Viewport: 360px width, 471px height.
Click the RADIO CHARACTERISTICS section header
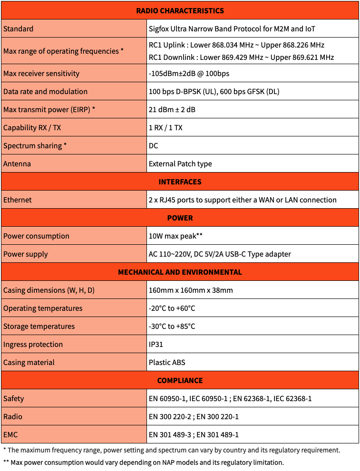coord(180,10)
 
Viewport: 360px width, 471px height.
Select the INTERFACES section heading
coord(180,182)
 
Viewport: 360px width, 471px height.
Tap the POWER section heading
coord(180,218)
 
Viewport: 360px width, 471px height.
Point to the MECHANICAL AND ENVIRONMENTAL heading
coord(180,272)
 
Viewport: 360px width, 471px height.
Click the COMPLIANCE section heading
coord(180,380)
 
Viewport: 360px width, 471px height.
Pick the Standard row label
coord(19,29)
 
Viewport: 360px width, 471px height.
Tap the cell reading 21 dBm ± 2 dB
coord(172,109)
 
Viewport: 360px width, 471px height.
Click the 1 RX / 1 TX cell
coord(165,127)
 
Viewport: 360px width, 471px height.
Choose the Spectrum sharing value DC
coord(154,145)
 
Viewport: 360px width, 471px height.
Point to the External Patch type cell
coord(180,163)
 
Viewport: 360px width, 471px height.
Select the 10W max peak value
coord(175,236)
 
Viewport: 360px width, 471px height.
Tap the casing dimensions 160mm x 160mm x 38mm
coord(191,290)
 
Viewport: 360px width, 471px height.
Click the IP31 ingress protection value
coord(156,344)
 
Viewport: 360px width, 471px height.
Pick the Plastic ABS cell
coord(167,362)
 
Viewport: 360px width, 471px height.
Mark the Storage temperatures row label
coord(39,326)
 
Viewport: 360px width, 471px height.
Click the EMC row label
coord(11,434)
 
